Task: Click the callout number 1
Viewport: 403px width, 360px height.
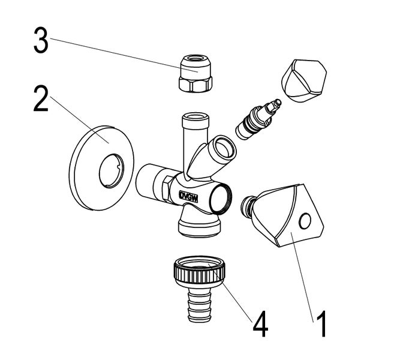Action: click(x=322, y=323)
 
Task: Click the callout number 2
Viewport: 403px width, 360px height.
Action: click(x=41, y=99)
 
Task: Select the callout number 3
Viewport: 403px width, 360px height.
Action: click(x=41, y=41)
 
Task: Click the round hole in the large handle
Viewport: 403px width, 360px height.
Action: click(x=305, y=221)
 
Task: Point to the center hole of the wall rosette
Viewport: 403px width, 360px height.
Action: click(x=112, y=171)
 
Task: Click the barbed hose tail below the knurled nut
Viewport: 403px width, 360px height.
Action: click(x=200, y=305)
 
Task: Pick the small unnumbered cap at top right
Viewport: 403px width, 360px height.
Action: click(x=304, y=81)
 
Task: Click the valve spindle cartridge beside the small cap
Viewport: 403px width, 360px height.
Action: click(x=258, y=119)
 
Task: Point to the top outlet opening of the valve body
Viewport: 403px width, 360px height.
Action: click(x=195, y=117)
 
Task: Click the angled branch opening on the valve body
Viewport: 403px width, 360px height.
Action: click(x=222, y=149)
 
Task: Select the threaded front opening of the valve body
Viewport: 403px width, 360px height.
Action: click(x=221, y=199)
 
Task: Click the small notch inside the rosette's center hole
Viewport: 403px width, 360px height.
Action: click(x=118, y=167)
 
